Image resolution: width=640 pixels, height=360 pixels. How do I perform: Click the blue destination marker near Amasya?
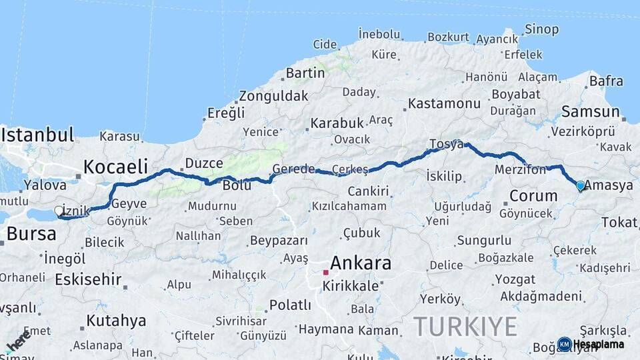(580, 186)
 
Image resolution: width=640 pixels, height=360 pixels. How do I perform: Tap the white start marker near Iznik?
(59, 211)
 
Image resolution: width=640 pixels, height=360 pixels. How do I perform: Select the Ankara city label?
(361, 263)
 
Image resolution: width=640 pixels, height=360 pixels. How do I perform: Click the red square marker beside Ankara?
(325, 272)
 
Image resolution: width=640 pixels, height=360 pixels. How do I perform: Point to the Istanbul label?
(37, 135)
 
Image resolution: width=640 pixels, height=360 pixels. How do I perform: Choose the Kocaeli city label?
(115, 166)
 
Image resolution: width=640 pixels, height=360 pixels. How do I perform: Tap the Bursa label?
(31, 233)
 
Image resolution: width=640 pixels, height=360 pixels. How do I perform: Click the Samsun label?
(591, 111)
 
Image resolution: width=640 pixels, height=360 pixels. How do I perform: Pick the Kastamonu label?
(444, 103)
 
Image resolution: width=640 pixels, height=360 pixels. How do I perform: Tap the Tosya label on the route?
(447, 144)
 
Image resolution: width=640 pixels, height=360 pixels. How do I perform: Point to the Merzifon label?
(520, 170)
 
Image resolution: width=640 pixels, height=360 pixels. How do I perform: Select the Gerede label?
(293, 169)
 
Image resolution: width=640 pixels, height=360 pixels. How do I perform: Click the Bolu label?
(237, 185)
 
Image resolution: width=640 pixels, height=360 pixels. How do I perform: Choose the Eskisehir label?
(88, 279)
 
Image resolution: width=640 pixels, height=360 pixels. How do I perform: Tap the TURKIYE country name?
(465, 327)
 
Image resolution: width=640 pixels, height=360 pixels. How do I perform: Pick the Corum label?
(533, 196)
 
